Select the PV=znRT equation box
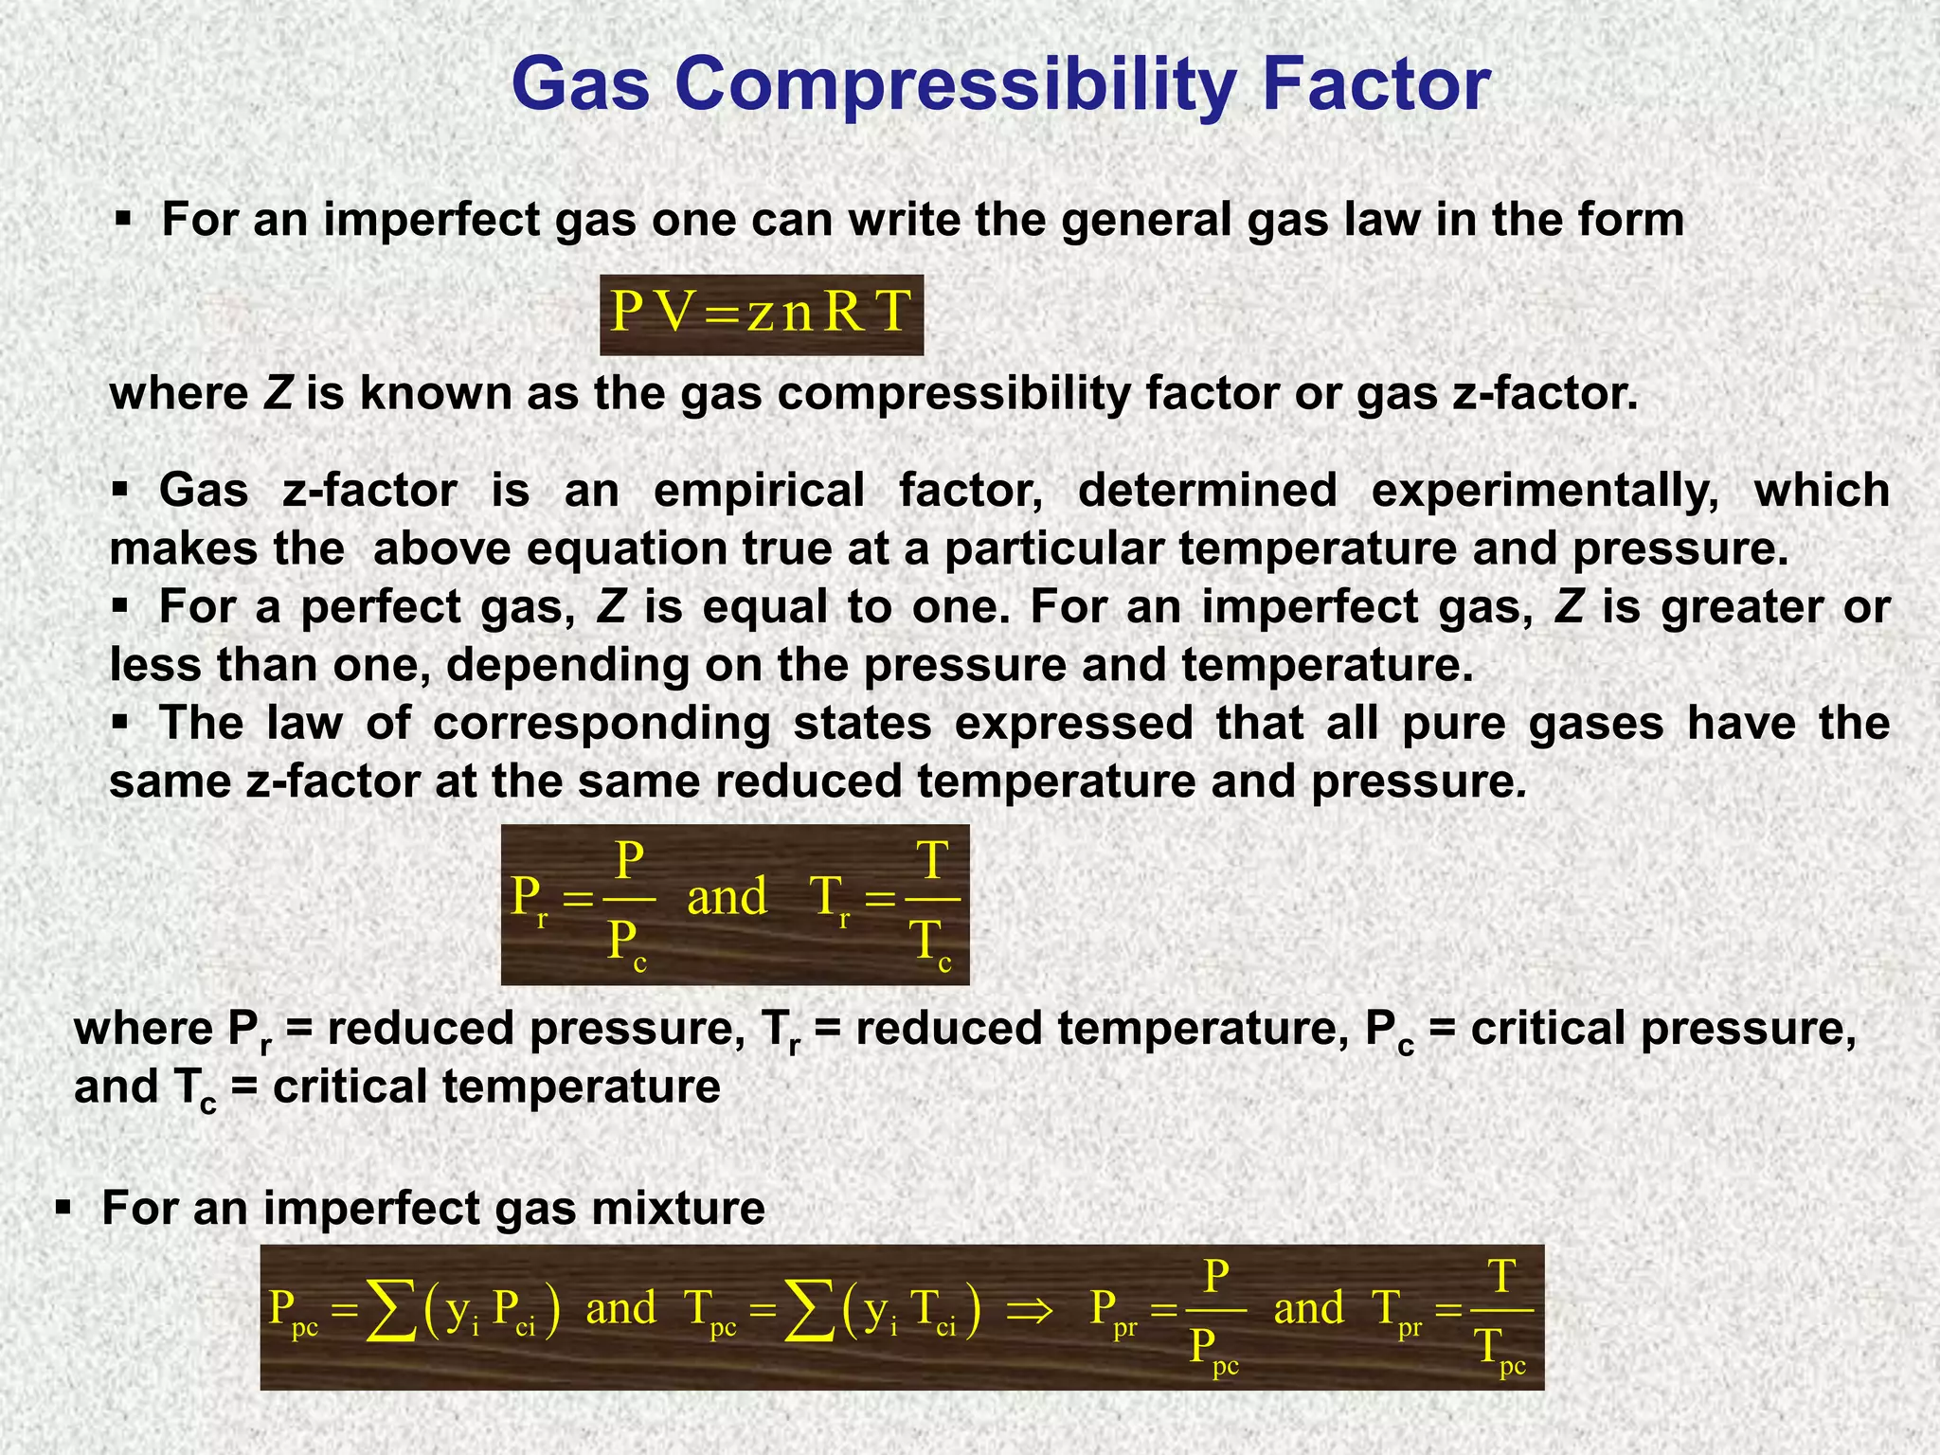tap(762, 314)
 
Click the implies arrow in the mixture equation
tap(1029, 1311)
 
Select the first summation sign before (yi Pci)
tap(391, 1312)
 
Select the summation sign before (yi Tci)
tap(809, 1312)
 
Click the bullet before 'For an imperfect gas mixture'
tap(63, 1208)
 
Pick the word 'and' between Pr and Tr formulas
tap(727, 896)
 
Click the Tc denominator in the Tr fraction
tap(930, 944)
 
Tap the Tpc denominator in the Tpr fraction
tap(1501, 1350)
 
